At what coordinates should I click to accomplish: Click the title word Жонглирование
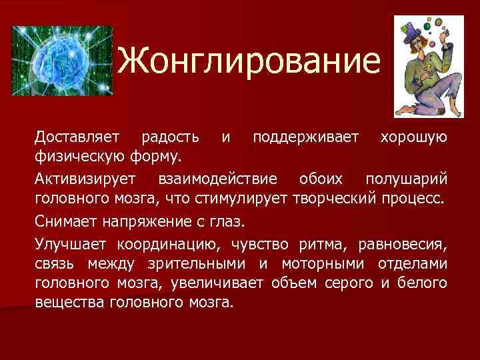tap(253, 62)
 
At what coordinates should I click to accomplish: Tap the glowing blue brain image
tap(60, 64)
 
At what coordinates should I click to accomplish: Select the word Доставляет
tap(77, 137)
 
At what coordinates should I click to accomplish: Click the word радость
tap(170, 137)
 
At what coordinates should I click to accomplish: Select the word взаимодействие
tap(216, 179)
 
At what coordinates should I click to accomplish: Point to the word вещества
tap(64, 303)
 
